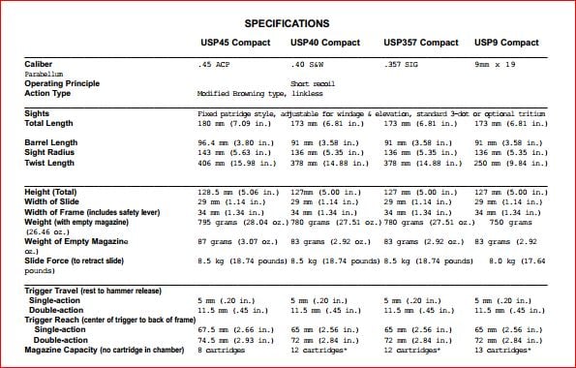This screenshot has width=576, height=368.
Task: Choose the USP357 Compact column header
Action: (421, 44)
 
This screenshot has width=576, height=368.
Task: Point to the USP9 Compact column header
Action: (506, 44)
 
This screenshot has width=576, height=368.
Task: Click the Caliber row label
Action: (40, 64)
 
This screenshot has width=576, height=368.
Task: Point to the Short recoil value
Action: (312, 84)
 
